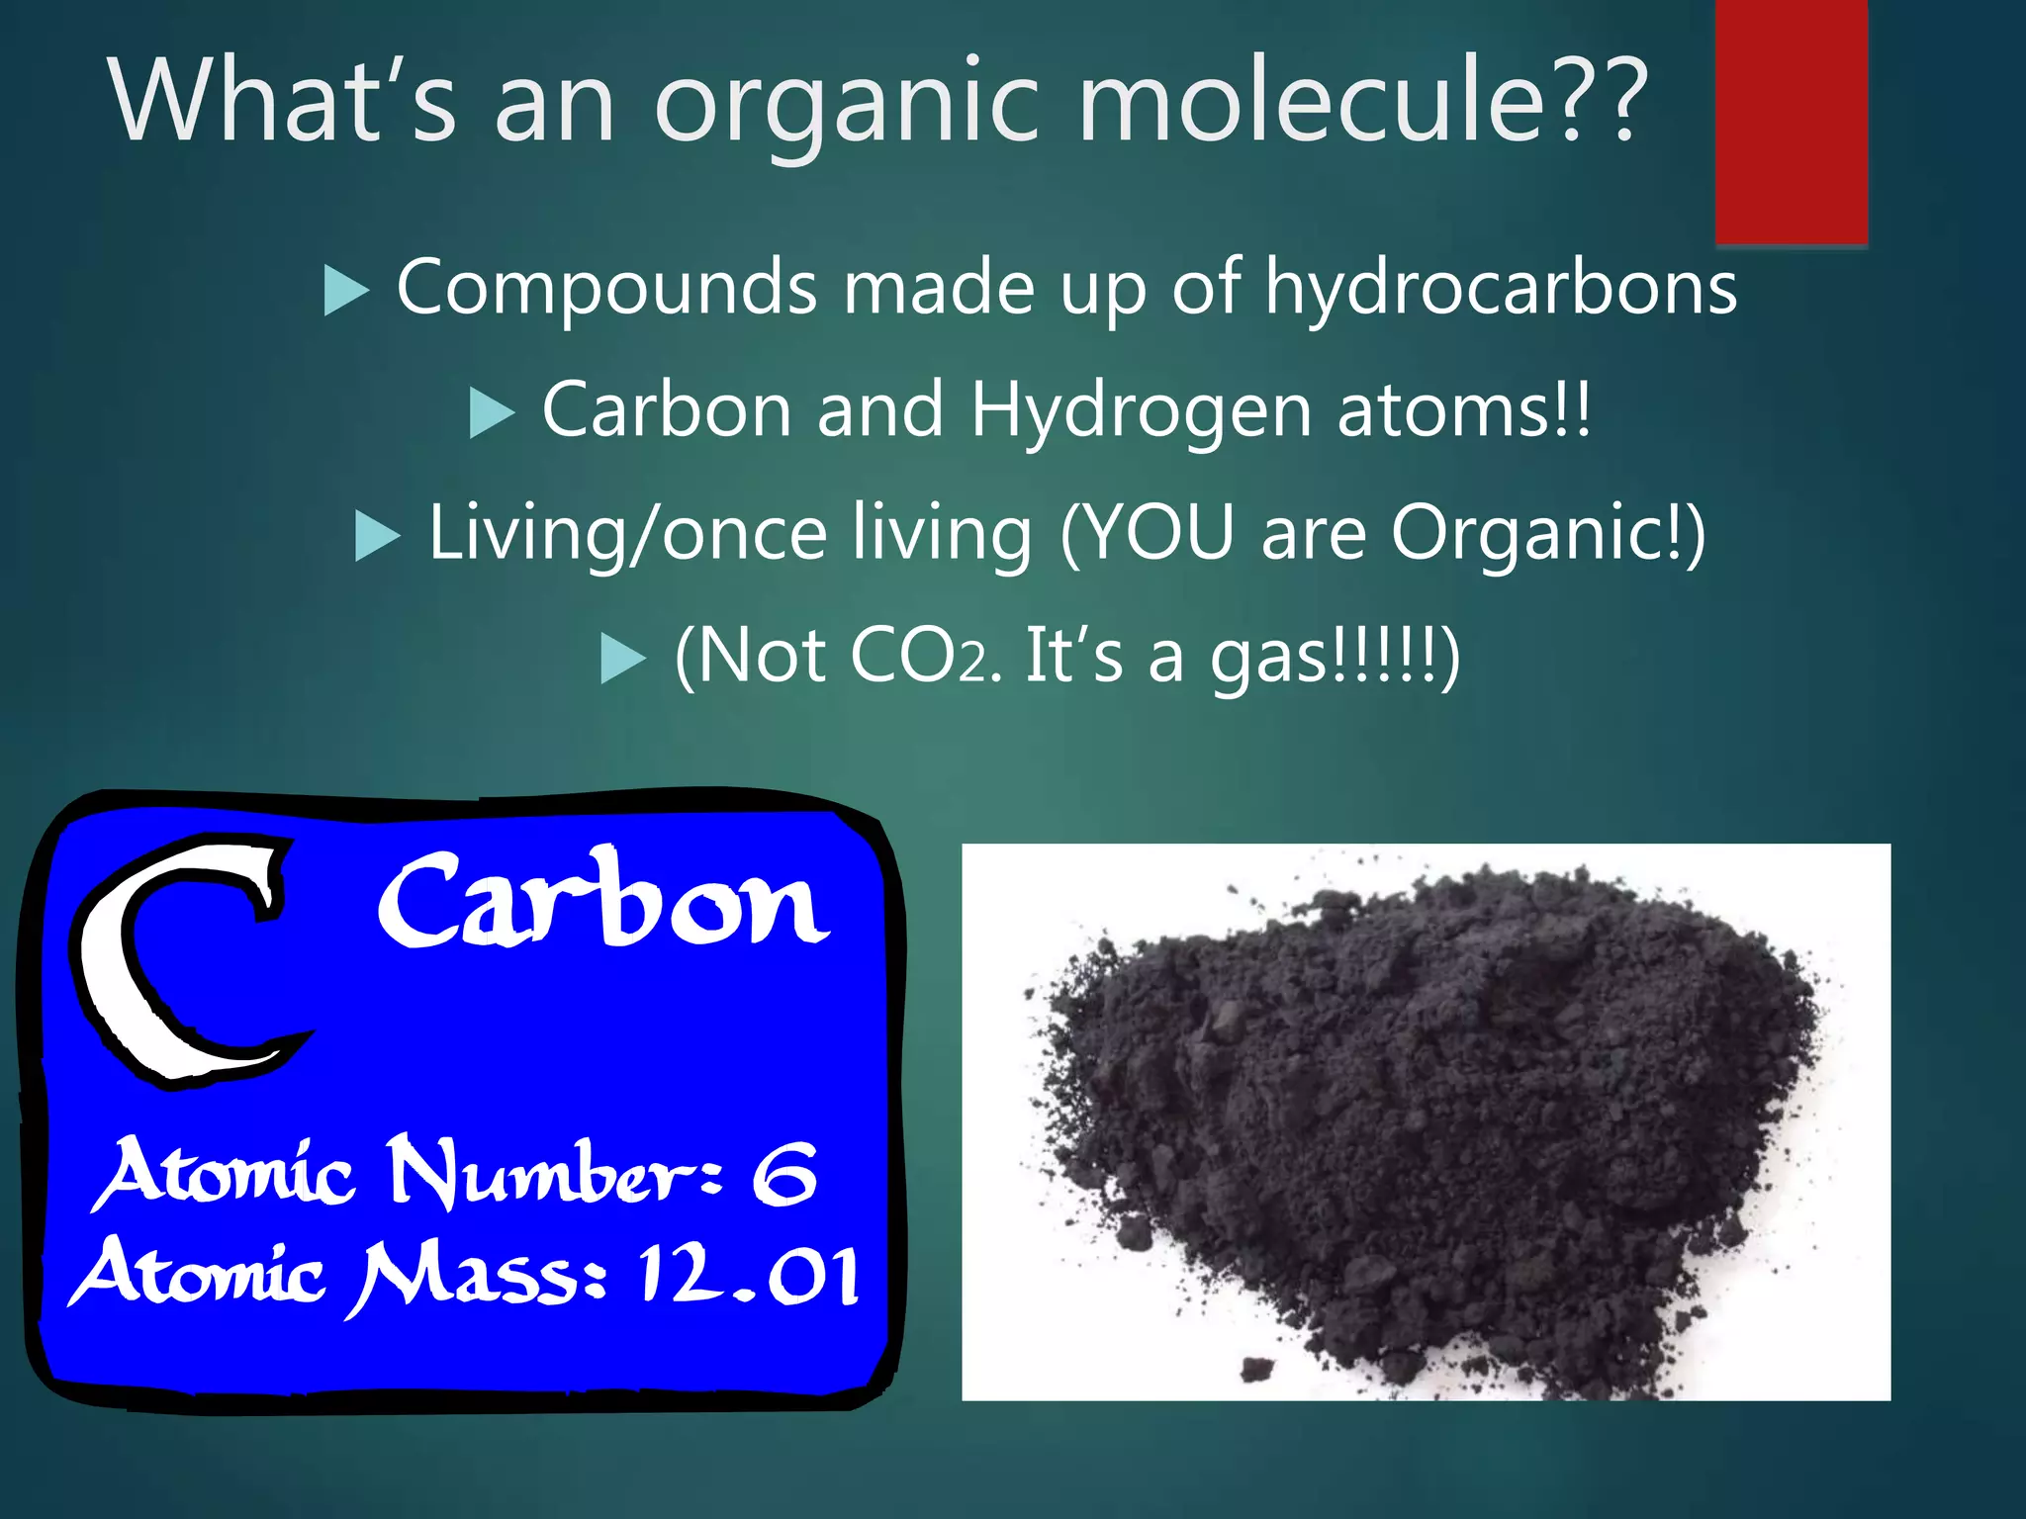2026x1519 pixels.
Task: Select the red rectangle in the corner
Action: tap(1791, 121)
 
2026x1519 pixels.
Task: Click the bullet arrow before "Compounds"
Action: tap(345, 291)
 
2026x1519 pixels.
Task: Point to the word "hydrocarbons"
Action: tap(1501, 288)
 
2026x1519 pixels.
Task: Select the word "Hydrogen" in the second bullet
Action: tap(1141, 411)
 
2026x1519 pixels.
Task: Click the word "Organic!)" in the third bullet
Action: tap(1548, 533)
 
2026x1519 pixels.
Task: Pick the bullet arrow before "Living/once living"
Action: tap(377, 536)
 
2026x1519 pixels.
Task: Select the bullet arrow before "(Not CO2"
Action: tap(623, 658)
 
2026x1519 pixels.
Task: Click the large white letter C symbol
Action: tap(178, 959)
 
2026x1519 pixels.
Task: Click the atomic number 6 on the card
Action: tap(783, 1174)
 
